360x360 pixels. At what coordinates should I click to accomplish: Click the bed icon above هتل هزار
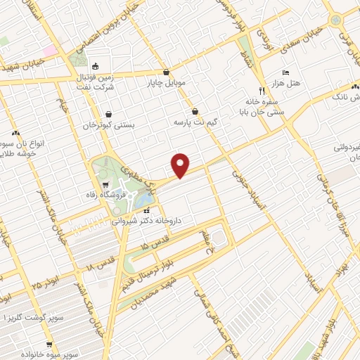pyautogui.click(x=285, y=72)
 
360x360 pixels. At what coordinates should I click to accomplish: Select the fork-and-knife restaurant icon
pyautogui.click(x=262, y=91)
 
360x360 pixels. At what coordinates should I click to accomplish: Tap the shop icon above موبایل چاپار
pyautogui.click(x=166, y=72)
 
